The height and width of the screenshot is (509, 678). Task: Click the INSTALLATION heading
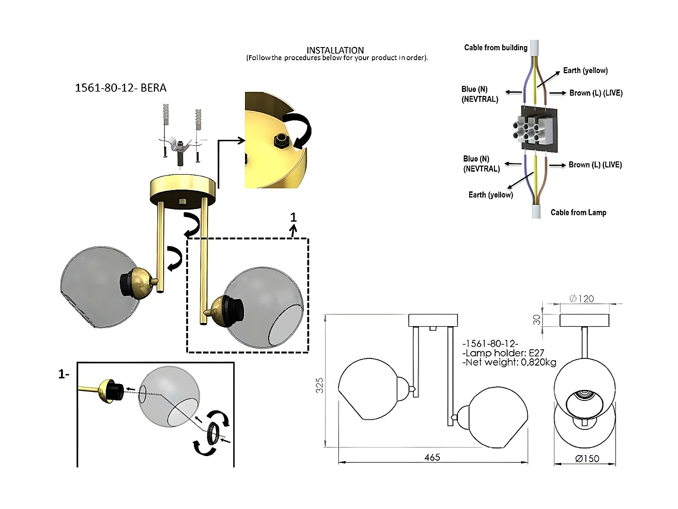pos(335,50)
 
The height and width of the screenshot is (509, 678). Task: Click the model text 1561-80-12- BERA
pos(121,88)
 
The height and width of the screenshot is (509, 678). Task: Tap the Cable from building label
pos(495,48)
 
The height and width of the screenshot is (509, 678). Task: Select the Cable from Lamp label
pos(578,212)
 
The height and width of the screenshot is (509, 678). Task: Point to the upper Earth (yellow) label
pos(585,71)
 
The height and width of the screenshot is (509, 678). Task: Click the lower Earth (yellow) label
pos(490,195)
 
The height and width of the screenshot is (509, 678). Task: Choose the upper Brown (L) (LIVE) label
pos(596,93)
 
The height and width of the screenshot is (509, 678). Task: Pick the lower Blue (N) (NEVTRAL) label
pos(481,164)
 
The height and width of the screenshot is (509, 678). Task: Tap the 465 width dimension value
pos(432,457)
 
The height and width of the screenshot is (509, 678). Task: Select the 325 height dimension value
pos(320,385)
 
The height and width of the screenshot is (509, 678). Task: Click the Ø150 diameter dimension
pos(587,459)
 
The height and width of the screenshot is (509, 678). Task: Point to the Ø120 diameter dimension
pos(582,299)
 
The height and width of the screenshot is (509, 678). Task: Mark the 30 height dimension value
pos(537,319)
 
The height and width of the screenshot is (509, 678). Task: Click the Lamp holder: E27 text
pos(504,353)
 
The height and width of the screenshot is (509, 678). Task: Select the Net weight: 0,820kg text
pos(509,362)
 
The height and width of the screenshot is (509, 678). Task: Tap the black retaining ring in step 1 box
pos(212,433)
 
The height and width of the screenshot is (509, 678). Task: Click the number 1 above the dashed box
pos(293,218)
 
